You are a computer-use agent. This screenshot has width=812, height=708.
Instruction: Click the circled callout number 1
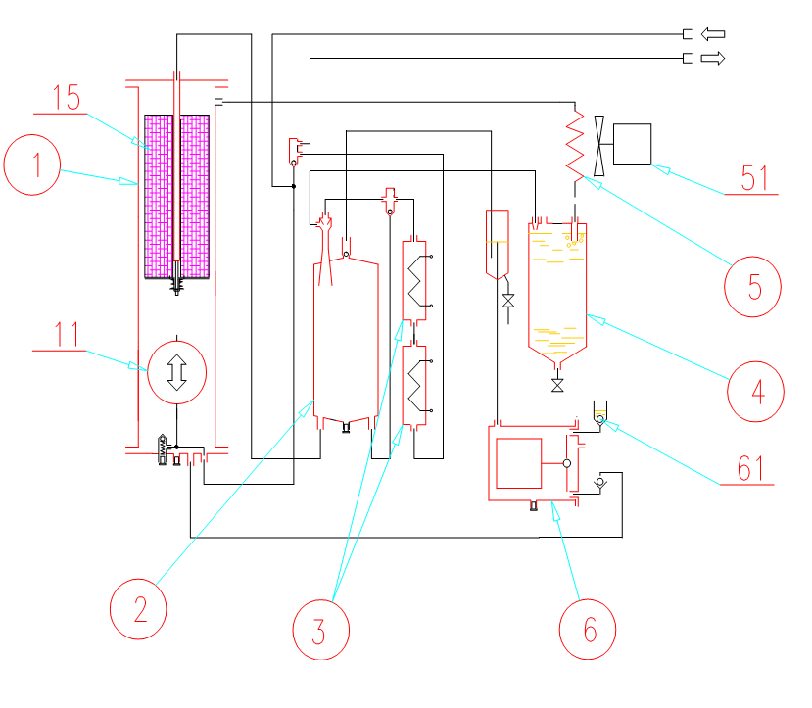[32, 165]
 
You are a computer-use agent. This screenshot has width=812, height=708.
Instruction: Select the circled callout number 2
[138, 609]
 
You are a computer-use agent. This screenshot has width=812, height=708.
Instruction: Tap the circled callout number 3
[321, 630]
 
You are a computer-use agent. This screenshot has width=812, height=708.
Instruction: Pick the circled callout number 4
[755, 392]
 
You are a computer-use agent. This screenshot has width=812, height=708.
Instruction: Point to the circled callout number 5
[752, 287]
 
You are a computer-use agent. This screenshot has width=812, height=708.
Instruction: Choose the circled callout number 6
[588, 630]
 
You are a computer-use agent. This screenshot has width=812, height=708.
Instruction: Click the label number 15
[67, 98]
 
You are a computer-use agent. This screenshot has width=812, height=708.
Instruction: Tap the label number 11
[67, 334]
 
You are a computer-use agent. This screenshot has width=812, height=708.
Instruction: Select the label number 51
[754, 178]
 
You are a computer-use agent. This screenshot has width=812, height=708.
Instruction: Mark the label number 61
[750, 469]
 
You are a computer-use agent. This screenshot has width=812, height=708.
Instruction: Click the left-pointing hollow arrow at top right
[713, 34]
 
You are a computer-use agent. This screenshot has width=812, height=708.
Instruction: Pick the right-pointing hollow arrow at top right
[713, 58]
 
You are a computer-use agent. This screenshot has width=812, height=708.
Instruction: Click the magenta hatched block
[176, 197]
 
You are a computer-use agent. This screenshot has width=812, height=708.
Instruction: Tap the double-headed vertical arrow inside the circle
[176, 372]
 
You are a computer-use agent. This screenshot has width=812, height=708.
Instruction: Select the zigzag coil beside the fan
[575, 145]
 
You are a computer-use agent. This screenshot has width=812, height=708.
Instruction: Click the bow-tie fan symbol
[599, 146]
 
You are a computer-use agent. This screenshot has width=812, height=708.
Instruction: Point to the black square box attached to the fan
[633, 144]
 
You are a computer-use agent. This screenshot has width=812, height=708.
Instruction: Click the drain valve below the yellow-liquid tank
[557, 385]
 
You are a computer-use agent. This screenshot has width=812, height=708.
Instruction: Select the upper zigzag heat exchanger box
[414, 280]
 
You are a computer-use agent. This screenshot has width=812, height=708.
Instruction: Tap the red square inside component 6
[519, 463]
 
